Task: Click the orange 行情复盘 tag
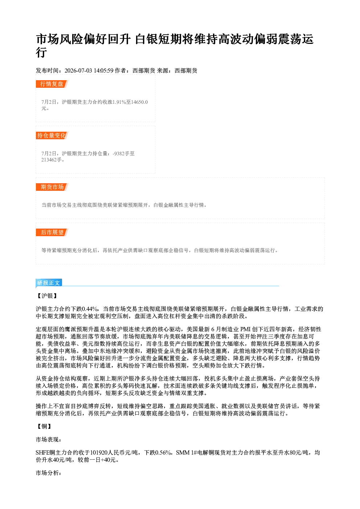[52, 84]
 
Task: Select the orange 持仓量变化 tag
[52, 135]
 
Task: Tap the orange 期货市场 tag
[52, 187]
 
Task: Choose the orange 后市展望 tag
[52, 232]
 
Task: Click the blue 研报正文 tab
[49, 283]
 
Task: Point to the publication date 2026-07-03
[78, 70]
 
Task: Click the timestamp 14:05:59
[103, 70]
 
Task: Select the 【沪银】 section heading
[47, 296]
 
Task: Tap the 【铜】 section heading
[44, 426]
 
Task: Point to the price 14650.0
[140, 102]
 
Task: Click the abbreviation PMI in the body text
[245, 329]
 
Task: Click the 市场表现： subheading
[49, 439]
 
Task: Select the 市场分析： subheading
[49, 473]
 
